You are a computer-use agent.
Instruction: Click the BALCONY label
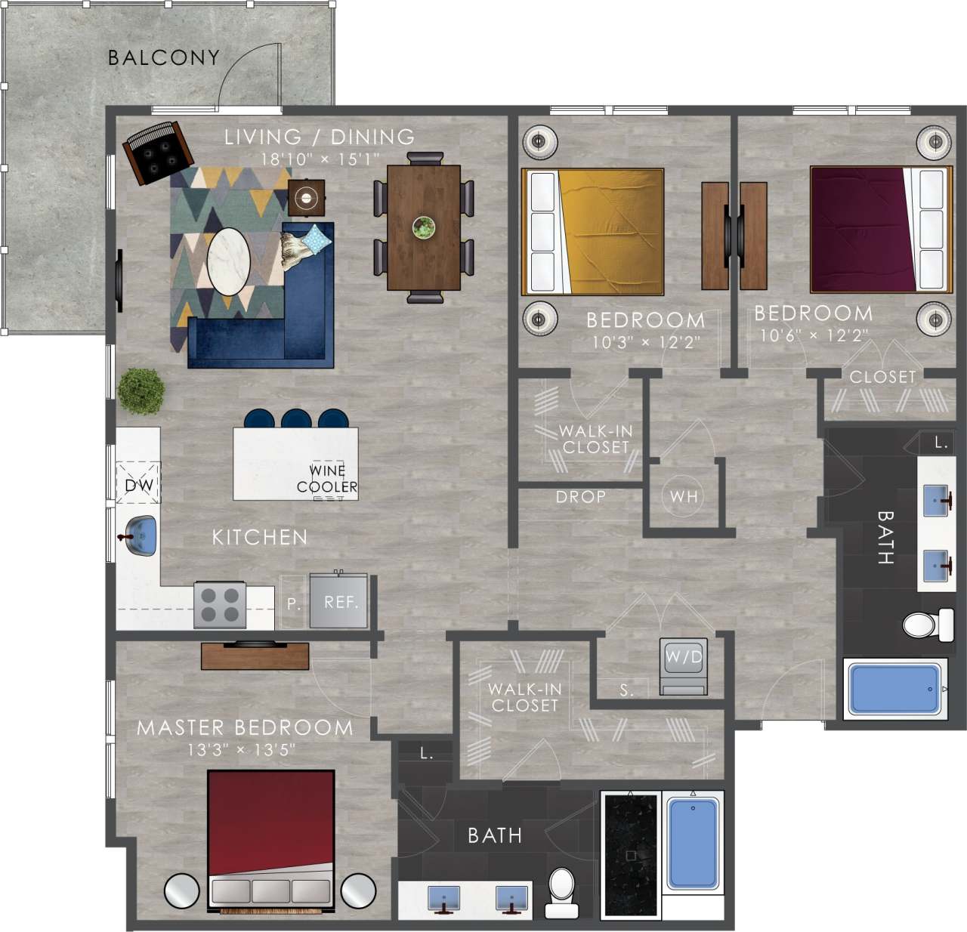click(163, 57)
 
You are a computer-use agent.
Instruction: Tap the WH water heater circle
click(684, 496)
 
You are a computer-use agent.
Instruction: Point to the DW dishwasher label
click(138, 484)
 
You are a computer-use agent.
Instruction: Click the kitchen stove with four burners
click(220, 605)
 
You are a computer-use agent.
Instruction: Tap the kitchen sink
click(139, 535)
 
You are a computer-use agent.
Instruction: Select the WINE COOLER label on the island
click(326, 479)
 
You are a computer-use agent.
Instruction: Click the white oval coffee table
click(228, 262)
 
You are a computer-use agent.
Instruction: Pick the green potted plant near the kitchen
click(141, 391)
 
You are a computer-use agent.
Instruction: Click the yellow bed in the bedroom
click(593, 231)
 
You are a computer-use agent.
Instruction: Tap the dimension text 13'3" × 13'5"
click(241, 750)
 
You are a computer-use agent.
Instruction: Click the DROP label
click(580, 497)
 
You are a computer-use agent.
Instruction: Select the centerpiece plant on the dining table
click(424, 227)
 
